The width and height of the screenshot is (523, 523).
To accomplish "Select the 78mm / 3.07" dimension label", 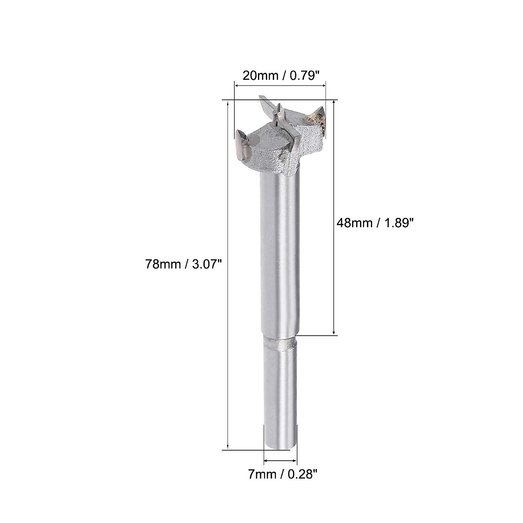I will coord(181,264).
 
